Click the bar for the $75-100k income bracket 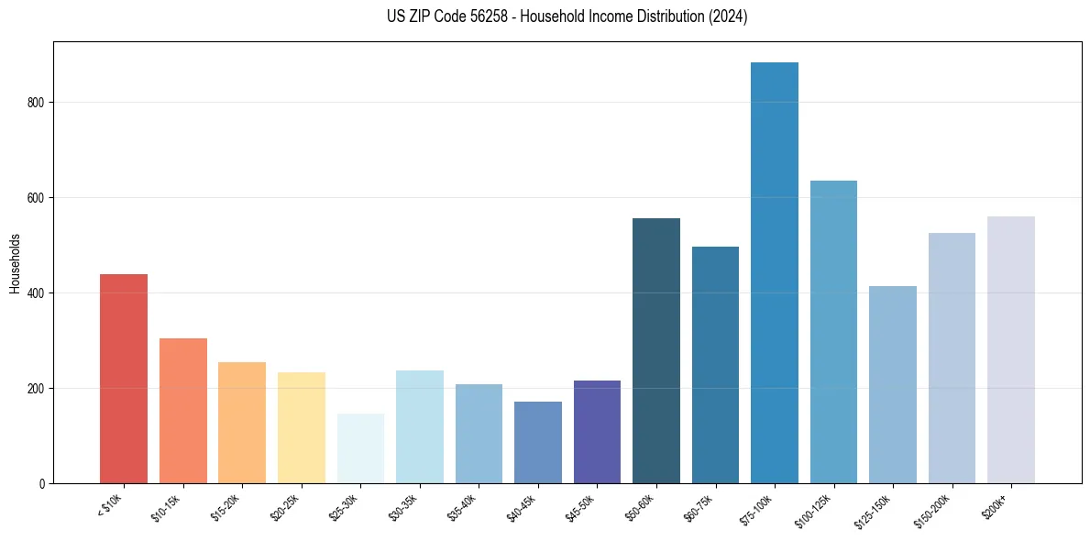click(x=775, y=273)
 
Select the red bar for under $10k click(x=124, y=379)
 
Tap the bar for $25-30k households click(x=360, y=448)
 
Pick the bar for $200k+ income click(x=1011, y=350)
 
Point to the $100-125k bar click(x=833, y=332)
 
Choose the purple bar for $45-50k click(x=597, y=432)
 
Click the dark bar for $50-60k click(x=656, y=351)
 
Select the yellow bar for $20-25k click(x=302, y=427)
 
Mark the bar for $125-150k click(x=893, y=385)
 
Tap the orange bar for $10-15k click(x=183, y=411)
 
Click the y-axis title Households click(x=15, y=263)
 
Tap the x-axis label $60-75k click(x=699, y=505)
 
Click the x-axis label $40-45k click(x=521, y=505)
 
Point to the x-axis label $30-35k click(x=402, y=505)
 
